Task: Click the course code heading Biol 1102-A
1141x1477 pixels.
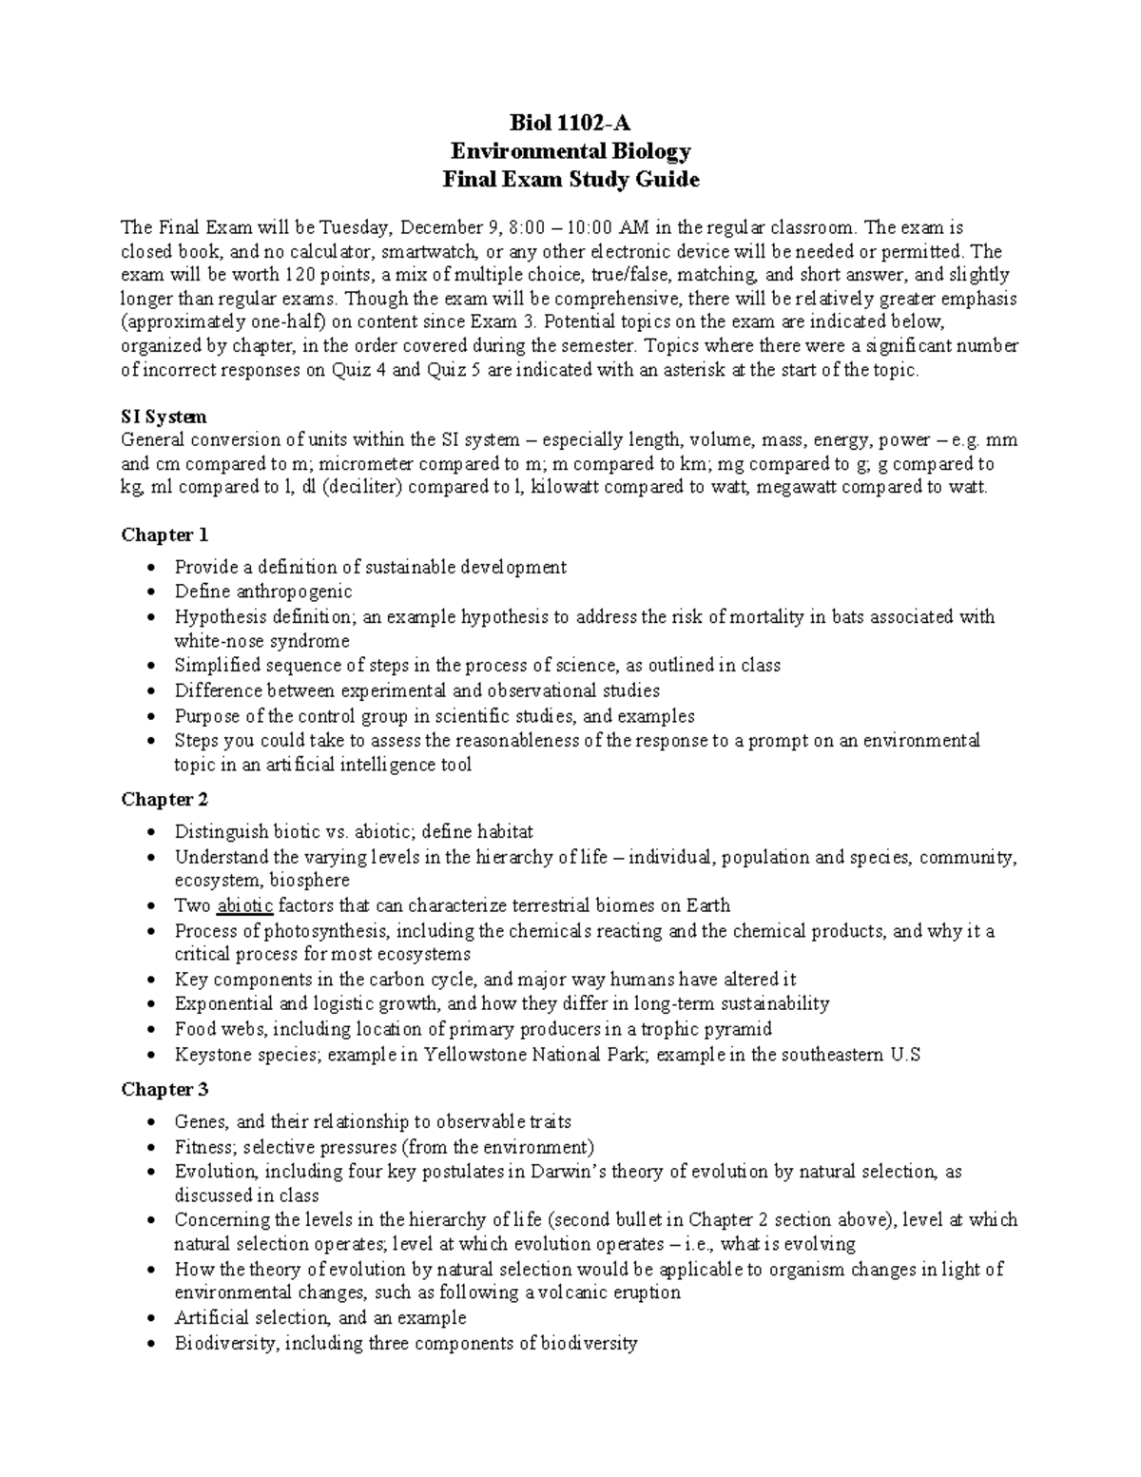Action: [x=570, y=123]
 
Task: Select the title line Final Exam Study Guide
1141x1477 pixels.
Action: [x=570, y=180]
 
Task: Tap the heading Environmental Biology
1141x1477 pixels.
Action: [x=570, y=151]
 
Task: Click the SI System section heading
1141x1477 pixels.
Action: [x=164, y=417]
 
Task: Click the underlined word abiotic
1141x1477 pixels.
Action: [x=245, y=905]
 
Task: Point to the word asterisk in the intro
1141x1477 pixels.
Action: [x=692, y=371]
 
